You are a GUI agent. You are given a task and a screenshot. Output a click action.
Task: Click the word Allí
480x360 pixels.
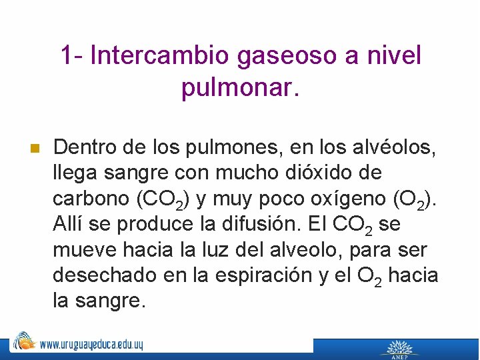[x=68, y=224]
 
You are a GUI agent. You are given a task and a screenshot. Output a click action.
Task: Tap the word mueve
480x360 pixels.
[x=84, y=250]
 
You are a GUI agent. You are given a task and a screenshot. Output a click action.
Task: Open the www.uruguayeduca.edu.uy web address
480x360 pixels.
[x=91, y=345]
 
